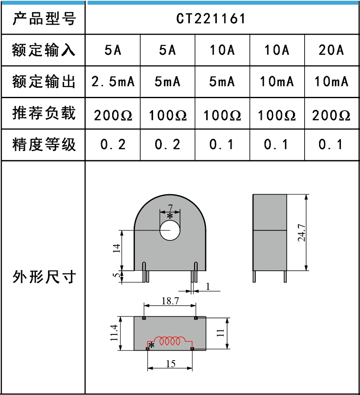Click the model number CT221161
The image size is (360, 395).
[211, 19]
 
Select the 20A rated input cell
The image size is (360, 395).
[331, 51]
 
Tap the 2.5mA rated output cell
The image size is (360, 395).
[113, 82]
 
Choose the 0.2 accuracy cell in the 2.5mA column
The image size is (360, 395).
[113, 145]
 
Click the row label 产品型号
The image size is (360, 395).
[44, 19]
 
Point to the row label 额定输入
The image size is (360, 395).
[44, 51]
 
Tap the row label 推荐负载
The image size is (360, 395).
[44, 113]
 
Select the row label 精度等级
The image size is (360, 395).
[44, 145]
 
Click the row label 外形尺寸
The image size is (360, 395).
[44, 277]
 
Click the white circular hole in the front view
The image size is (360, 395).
[170, 230]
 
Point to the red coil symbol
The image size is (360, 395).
[170, 341]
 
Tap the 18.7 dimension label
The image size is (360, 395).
[170, 301]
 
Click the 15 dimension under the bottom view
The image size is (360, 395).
[170, 364]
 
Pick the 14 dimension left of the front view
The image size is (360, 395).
[117, 248]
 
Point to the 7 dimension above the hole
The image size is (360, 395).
[170, 207]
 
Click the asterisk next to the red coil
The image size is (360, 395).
[152, 345]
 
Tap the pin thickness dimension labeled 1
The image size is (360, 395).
[208, 286]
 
